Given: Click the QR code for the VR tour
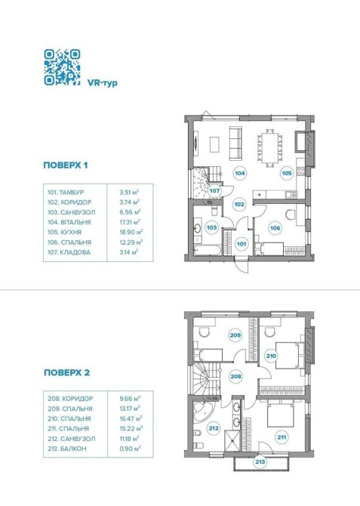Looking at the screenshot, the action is [x=62, y=67].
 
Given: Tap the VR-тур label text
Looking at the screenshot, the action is [x=102, y=82].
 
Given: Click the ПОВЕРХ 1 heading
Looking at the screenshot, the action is [x=66, y=165].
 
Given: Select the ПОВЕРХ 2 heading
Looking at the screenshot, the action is [x=66, y=373].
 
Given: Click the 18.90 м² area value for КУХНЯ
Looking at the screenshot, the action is [x=131, y=232].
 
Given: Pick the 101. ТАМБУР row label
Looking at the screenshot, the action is [x=66, y=193].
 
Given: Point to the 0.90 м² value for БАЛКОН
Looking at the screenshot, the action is [x=130, y=449].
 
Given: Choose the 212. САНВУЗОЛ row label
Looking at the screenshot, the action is [x=71, y=439].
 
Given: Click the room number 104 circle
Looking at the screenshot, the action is [x=240, y=173].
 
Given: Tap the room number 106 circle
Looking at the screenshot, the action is [x=275, y=228].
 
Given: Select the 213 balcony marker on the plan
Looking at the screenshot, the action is [x=260, y=461].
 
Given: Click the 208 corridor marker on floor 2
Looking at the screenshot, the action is [x=235, y=376].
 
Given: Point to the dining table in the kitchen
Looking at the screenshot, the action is [x=270, y=148].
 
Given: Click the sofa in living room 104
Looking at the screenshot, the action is [x=235, y=143].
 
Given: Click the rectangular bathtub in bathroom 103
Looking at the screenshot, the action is [x=208, y=250].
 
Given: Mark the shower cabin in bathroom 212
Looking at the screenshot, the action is [x=232, y=440].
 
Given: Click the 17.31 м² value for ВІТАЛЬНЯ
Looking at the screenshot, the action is [x=130, y=222].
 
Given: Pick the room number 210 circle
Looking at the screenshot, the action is [x=271, y=356].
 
